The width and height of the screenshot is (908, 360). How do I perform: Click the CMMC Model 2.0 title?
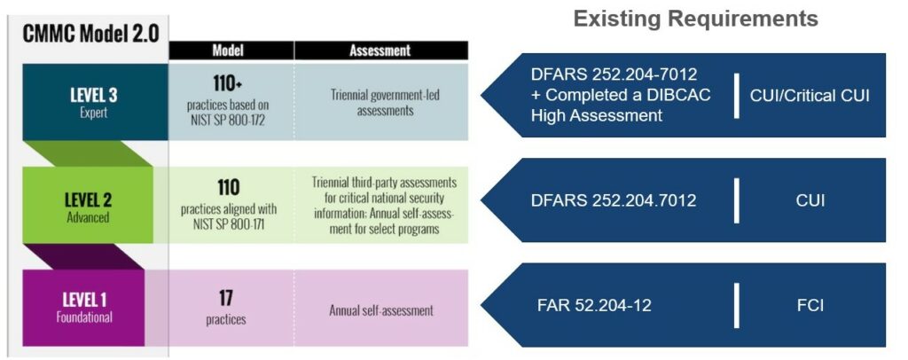(91, 33)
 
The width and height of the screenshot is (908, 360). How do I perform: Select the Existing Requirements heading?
(695, 19)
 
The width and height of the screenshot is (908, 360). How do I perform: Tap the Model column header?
(228, 51)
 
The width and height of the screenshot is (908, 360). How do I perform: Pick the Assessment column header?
(380, 51)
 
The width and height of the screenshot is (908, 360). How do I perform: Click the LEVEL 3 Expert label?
(94, 102)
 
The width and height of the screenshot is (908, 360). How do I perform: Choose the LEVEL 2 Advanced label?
(88, 206)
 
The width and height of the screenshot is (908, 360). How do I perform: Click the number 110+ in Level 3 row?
(227, 84)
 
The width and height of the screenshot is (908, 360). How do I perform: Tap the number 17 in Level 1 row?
(226, 298)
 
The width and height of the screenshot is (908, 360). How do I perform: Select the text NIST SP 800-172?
(228, 121)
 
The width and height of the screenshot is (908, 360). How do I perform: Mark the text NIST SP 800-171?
(228, 224)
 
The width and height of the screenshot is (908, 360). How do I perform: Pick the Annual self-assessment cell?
(381, 310)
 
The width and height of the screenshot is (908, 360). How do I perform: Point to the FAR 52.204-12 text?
(594, 305)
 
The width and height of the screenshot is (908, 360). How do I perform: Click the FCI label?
(810, 305)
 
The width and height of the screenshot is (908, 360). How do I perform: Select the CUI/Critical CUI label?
(810, 95)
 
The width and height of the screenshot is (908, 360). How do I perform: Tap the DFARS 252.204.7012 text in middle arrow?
(614, 200)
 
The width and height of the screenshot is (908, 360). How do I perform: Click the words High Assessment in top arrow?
(597, 115)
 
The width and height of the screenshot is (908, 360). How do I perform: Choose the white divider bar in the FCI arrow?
(737, 305)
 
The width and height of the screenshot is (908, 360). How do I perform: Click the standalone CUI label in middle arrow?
(810, 200)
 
